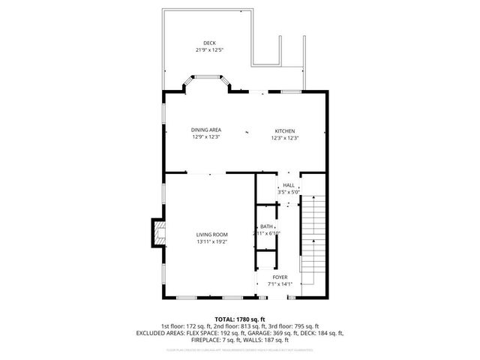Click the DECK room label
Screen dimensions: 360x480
click(x=208, y=43)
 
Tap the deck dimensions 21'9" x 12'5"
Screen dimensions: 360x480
click(x=208, y=50)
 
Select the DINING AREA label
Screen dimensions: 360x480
click(x=206, y=130)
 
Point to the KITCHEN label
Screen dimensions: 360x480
click(x=285, y=130)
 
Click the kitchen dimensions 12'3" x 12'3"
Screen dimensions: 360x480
click(x=285, y=138)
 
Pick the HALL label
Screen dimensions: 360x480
click(x=289, y=185)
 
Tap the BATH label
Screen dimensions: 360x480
click(x=266, y=226)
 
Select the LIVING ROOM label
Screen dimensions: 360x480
click(x=212, y=235)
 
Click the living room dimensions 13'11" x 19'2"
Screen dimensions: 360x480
click(x=212, y=242)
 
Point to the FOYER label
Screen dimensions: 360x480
click(x=279, y=277)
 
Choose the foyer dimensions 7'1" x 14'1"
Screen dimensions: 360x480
click(x=279, y=284)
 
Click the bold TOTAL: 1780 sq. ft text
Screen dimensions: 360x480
click(x=240, y=319)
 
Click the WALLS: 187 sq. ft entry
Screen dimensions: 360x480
click(x=277, y=339)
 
